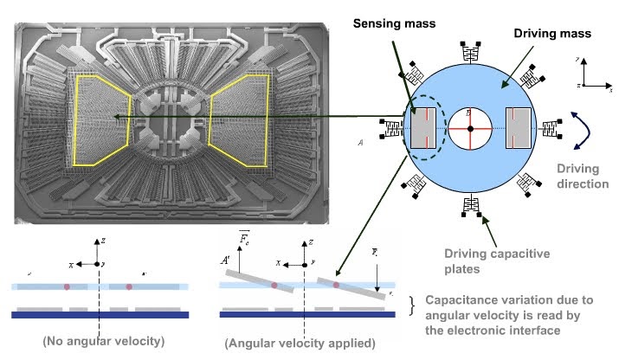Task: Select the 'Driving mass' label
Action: click(x=552, y=34)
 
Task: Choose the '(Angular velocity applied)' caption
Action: click(x=300, y=344)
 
